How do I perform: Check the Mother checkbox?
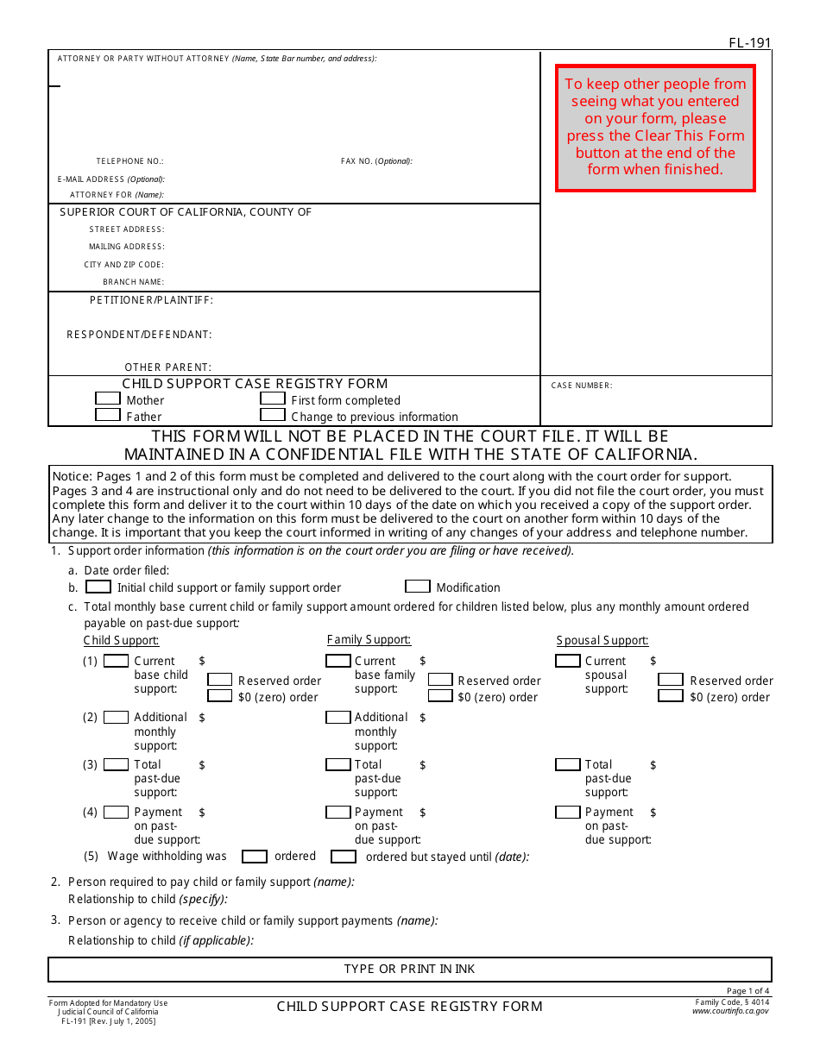point(107,399)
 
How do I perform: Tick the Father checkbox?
point(107,415)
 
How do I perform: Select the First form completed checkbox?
point(273,399)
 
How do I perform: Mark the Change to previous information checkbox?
point(273,415)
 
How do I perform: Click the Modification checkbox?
point(418,587)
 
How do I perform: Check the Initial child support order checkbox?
point(98,587)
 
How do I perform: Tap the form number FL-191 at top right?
point(749,42)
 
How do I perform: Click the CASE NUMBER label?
point(582,386)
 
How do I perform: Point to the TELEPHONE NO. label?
point(129,161)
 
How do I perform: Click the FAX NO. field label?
point(376,161)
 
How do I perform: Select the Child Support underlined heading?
point(121,640)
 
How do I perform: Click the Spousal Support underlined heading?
point(602,640)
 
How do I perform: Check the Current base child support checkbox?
point(116,661)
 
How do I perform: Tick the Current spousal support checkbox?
point(567,661)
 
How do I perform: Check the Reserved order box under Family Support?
point(440,680)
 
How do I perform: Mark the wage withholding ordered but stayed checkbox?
point(344,857)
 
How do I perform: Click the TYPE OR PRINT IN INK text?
point(409,969)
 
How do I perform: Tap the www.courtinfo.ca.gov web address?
point(730,1011)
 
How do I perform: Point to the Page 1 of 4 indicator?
point(747,991)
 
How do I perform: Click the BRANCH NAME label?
point(133,282)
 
